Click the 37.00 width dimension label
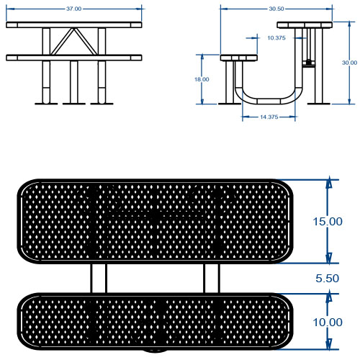(x=74, y=9)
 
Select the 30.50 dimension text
(x=276, y=9)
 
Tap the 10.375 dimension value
(x=276, y=38)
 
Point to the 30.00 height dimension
(x=349, y=63)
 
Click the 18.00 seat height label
(x=202, y=79)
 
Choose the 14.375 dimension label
(x=269, y=117)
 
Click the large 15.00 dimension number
(x=328, y=222)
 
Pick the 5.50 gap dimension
(x=327, y=279)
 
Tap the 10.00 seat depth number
(x=328, y=322)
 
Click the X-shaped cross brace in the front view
(x=74, y=41)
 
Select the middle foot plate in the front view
(x=74, y=104)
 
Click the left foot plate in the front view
(x=46, y=104)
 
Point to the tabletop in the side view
(x=305, y=25)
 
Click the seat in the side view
(x=239, y=58)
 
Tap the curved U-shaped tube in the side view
(x=269, y=102)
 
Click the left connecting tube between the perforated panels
(x=99, y=279)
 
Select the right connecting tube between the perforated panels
(x=212, y=279)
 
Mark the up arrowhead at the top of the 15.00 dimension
(x=329, y=182)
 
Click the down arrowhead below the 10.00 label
(x=329, y=343)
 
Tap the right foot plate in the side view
(x=319, y=104)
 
